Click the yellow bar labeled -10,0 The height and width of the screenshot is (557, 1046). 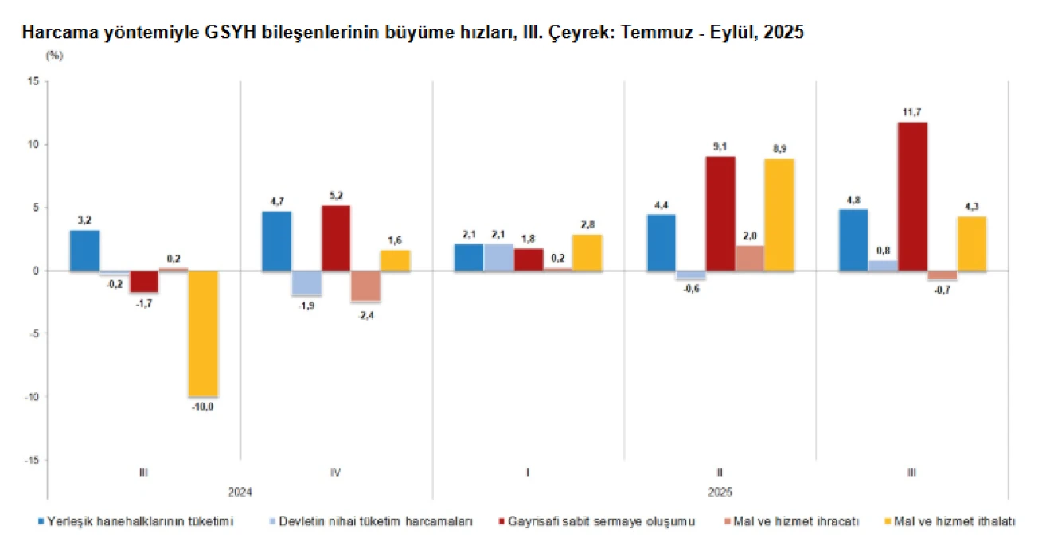[202, 333]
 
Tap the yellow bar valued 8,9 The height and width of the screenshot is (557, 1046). [779, 215]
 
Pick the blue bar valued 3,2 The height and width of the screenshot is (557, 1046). [84, 251]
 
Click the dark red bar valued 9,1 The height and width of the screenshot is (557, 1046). [720, 213]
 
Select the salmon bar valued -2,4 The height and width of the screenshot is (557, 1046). [366, 286]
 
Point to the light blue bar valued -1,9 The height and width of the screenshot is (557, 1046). [306, 283]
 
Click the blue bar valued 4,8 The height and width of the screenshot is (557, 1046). [853, 240]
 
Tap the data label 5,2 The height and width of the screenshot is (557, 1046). [336, 195]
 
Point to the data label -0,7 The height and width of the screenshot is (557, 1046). [942, 290]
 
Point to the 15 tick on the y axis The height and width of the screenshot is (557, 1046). [34, 81]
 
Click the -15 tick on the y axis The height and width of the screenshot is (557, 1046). [32, 460]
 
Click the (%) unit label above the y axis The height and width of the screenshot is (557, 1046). [55, 56]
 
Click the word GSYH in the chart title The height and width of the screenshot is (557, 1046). [226, 33]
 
